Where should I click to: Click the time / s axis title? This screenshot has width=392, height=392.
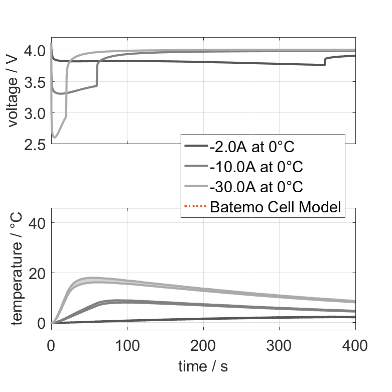click(x=203, y=366)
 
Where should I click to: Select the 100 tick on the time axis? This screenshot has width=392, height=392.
click(x=127, y=345)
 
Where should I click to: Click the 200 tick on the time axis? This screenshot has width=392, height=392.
click(x=203, y=345)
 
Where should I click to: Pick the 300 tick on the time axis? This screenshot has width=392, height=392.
click(x=279, y=345)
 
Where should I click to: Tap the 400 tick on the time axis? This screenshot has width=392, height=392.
click(x=354, y=345)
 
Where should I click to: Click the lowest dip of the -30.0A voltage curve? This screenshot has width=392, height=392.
click(x=55, y=137)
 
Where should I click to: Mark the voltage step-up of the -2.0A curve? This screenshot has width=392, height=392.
click(x=325, y=61)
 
